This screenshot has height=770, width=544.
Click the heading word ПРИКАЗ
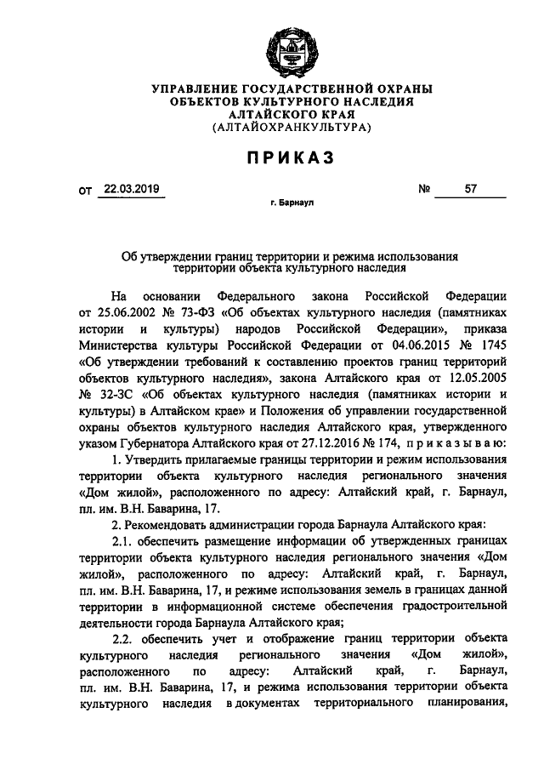click(x=292, y=158)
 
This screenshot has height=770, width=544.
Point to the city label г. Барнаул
click(x=292, y=206)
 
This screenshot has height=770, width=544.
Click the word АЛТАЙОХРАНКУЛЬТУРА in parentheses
click(x=292, y=128)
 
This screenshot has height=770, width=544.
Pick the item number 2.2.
click(x=124, y=637)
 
